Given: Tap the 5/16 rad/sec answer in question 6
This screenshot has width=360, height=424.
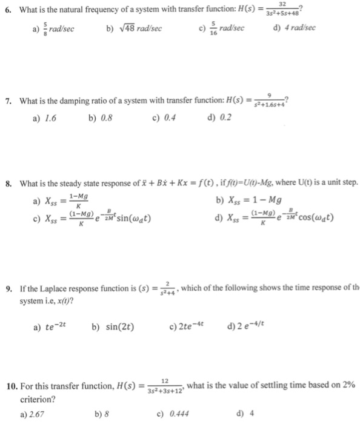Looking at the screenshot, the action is [219, 28].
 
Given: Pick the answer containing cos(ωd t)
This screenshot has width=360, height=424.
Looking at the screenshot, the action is [276, 218].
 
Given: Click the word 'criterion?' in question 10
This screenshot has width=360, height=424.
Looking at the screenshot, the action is [36, 400].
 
